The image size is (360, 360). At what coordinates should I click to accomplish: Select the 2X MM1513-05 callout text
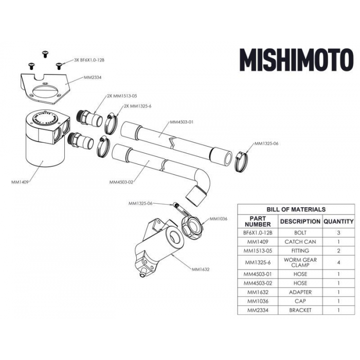pos(122,96)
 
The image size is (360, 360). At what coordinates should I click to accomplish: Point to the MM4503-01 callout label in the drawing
pos(181,122)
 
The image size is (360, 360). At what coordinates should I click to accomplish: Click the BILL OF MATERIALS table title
pos(296,209)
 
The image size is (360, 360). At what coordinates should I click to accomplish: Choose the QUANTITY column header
pos(338,222)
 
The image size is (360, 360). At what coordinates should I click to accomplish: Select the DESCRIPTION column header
pos(299,222)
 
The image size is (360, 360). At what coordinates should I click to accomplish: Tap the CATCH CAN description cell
pos(299,241)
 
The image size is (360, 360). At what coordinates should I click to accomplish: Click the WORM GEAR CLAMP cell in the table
pos(299,263)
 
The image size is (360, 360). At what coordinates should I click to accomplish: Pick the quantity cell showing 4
pos(338,263)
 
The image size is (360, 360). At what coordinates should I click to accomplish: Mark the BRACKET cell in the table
pos(299,310)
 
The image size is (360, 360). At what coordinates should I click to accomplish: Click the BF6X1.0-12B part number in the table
pos(257,232)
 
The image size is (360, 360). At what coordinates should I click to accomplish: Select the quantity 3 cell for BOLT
pos(338,232)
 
